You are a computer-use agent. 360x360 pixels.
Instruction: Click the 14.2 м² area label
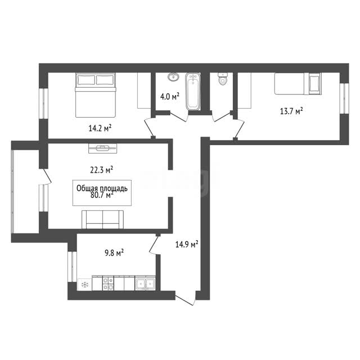[100, 128]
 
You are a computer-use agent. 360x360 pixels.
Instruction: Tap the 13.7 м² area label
[291, 111]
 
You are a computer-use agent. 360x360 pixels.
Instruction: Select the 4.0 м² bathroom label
[170, 96]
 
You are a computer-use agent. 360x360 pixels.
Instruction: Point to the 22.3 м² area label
[101, 170]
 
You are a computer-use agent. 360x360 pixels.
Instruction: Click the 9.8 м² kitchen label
[114, 253]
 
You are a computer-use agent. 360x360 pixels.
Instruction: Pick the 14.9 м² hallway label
[187, 245]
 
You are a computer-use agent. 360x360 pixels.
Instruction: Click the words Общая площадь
[102, 188]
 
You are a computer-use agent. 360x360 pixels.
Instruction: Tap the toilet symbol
[223, 79]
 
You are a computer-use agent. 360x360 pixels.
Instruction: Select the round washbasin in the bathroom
[174, 77]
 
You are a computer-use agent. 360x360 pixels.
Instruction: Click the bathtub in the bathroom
[192, 91]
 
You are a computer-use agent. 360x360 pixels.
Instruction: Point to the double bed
[95, 95]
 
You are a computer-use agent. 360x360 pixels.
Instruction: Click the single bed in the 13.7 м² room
[298, 84]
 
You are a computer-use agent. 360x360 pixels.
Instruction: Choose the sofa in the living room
[102, 220]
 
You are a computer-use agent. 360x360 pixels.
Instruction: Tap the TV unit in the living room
[102, 148]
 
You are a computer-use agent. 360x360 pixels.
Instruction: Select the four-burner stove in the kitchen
[107, 283]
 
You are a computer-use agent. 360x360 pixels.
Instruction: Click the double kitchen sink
[145, 283]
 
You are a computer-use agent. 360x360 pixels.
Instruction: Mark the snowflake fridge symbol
[85, 285]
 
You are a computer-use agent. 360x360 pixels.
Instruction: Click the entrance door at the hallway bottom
[186, 299]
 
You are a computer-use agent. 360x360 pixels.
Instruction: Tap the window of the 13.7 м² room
[344, 98]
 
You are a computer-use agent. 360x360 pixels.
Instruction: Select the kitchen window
[72, 267]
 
